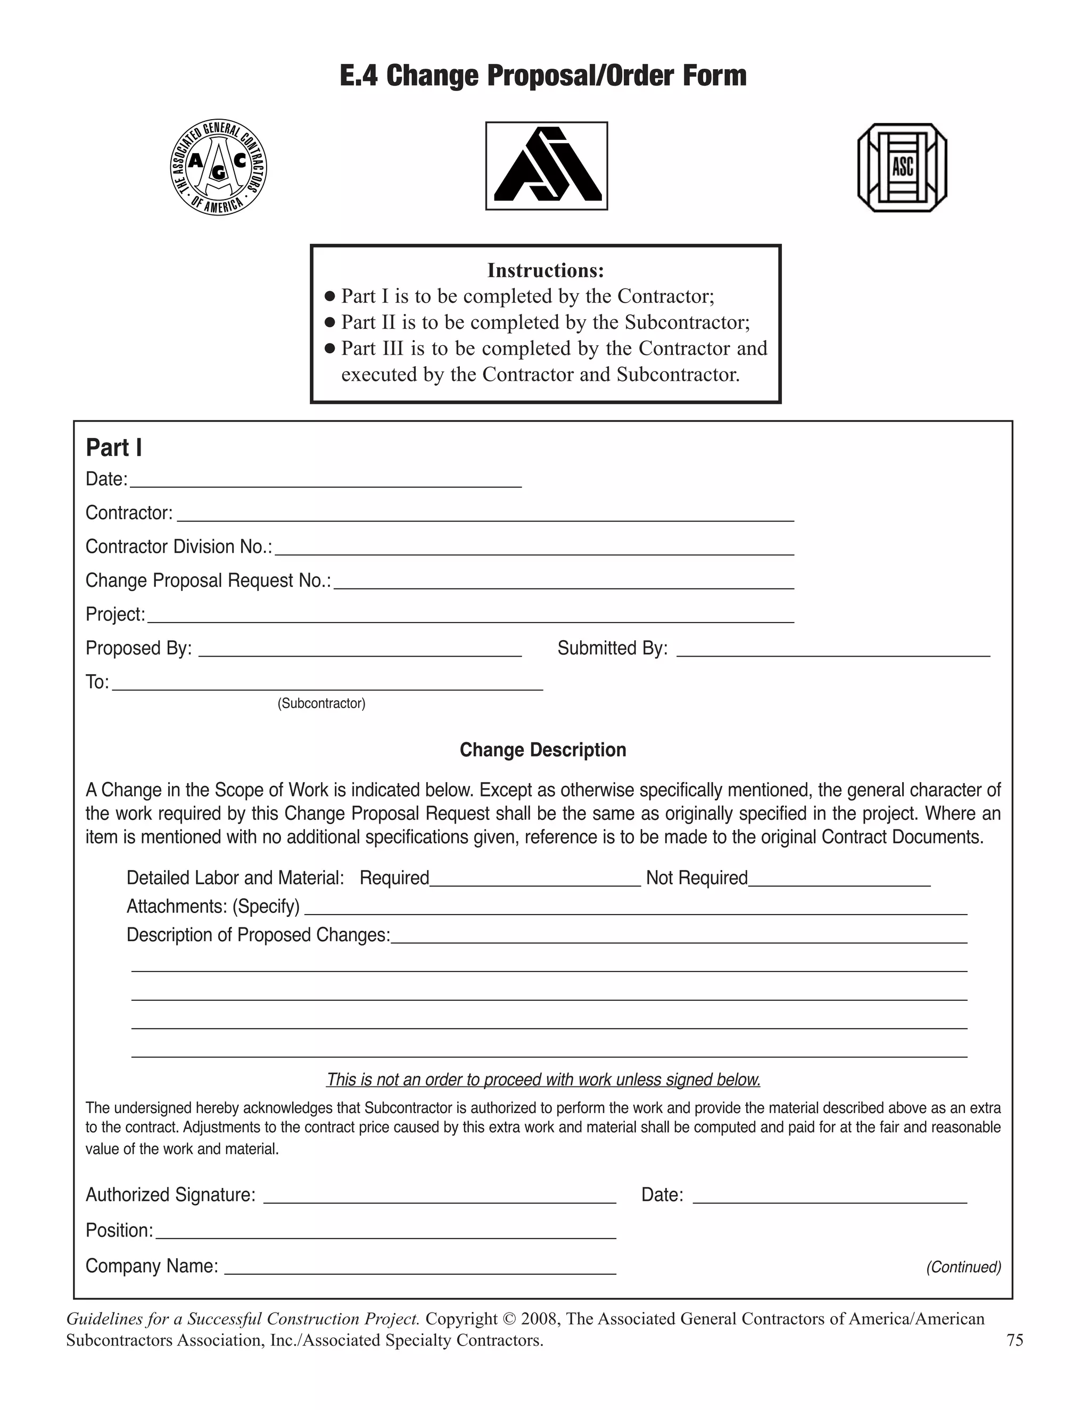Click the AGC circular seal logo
(218, 168)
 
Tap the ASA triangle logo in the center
(546, 166)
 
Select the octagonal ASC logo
(902, 168)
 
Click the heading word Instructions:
(545, 270)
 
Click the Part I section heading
(114, 447)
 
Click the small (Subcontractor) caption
(321, 703)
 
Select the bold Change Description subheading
(542, 750)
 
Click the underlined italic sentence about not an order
(543, 1080)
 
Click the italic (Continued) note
(963, 1267)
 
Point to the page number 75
(1014, 1340)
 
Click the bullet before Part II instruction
(329, 322)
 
